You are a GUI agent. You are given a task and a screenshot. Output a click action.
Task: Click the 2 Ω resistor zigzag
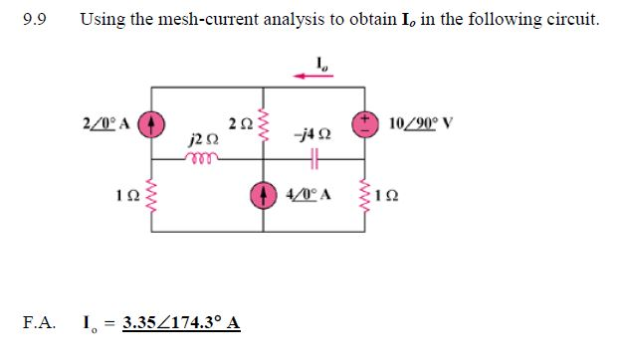[x=265, y=125]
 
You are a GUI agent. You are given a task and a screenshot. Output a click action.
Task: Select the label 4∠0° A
[x=307, y=191]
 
